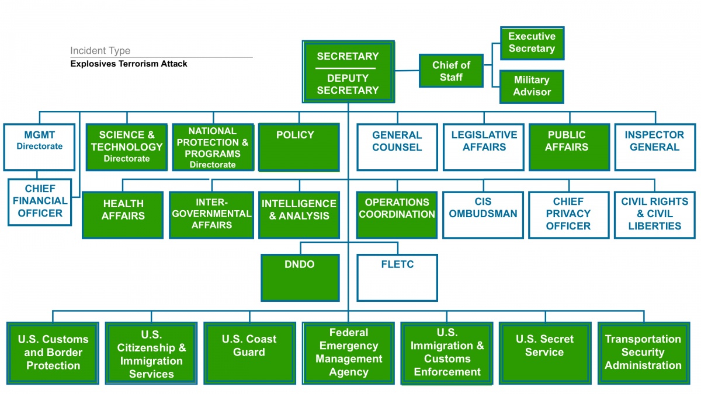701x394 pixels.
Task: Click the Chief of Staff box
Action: (x=451, y=71)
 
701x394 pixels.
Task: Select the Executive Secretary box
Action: (x=532, y=43)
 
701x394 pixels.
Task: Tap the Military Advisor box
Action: (x=532, y=86)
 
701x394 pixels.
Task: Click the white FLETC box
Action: (x=397, y=278)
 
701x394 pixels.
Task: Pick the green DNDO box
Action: (x=300, y=278)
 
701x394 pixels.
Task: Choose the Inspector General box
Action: (x=655, y=147)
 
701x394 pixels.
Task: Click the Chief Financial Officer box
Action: (x=40, y=202)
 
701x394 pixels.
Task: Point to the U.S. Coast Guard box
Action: (x=249, y=353)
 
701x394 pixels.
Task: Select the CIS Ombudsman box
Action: (x=483, y=215)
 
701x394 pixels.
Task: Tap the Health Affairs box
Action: (x=123, y=215)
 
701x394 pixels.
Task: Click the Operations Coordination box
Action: (x=397, y=215)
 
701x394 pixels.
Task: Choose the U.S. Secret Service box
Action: (x=545, y=353)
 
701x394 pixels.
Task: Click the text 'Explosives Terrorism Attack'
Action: (x=129, y=64)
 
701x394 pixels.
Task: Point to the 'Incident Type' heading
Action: (x=100, y=50)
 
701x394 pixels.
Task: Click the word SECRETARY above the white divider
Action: (x=348, y=56)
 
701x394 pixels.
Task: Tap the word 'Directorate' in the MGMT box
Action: (x=40, y=146)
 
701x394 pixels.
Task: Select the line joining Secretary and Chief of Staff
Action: (x=407, y=71)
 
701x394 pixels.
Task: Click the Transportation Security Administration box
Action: (x=643, y=353)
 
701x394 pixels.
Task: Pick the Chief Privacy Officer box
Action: (x=568, y=215)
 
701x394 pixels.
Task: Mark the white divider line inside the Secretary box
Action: (x=345, y=68)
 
